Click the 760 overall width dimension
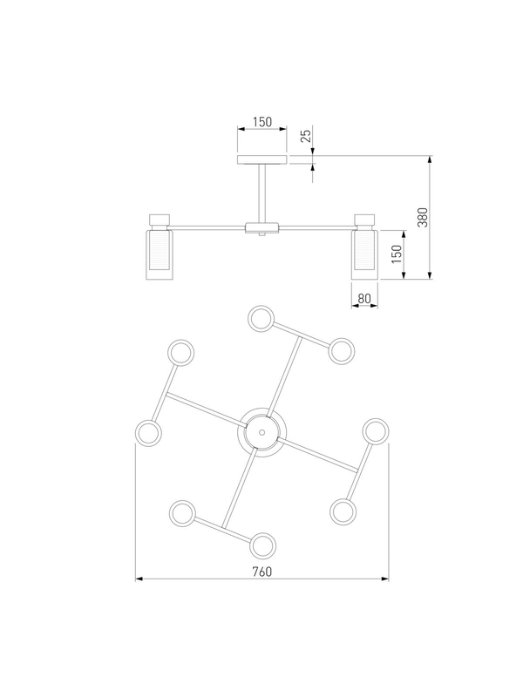pos(262,572)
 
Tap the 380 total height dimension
pos(423,217)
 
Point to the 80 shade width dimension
pos(363,298)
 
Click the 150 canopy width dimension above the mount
pos(262,121)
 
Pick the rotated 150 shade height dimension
pos(397,254)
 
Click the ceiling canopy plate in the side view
pos(262,159)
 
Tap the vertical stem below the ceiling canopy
pos(262,193)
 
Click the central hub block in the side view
pos(262,227)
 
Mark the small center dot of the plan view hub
pos(262,432)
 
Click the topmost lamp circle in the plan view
pos(261,318)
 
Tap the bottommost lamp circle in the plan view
pos(262,545)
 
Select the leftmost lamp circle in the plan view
pos(148,433)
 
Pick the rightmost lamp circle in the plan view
pos(376,431)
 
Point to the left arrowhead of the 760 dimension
pos(139,579)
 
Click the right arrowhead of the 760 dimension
pos(385,579)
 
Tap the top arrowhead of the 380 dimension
pos(430,159)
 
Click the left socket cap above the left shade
pos(160,220)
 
